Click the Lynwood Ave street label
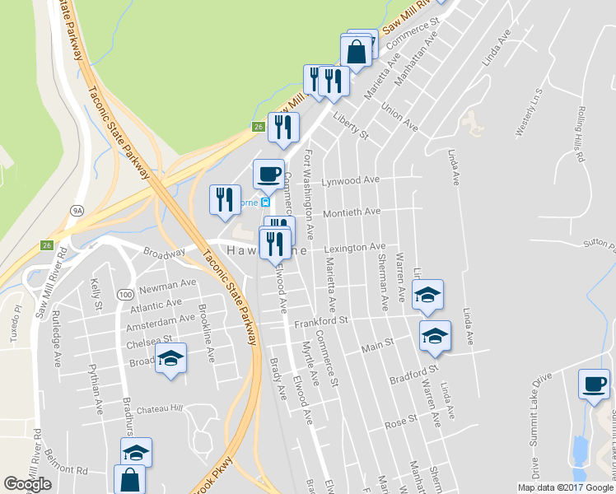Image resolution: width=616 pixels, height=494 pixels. pos(351,179)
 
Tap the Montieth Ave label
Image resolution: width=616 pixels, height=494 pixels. pos(352,212)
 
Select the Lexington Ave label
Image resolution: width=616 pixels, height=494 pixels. pos(355,247)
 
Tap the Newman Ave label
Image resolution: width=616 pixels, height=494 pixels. pos(168,285)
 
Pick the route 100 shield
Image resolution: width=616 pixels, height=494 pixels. pos(125,294)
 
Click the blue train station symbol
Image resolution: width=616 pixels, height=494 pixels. pos(266,202)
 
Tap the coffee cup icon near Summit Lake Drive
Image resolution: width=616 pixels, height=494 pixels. pos(594,384)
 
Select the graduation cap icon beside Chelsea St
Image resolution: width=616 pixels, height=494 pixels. pos(170,358)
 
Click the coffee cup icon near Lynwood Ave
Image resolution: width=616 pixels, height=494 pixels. pos(268,174)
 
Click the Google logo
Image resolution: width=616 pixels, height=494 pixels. pos(27,484)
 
